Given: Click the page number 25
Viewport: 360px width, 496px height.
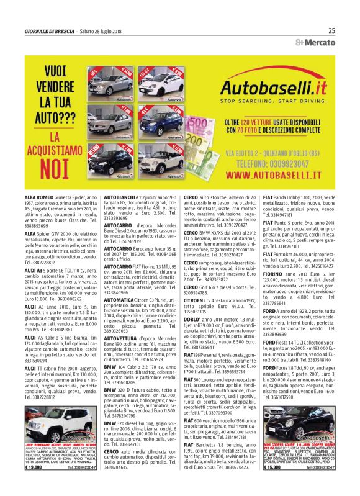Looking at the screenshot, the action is pyautogui.click(x=331, y=30).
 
